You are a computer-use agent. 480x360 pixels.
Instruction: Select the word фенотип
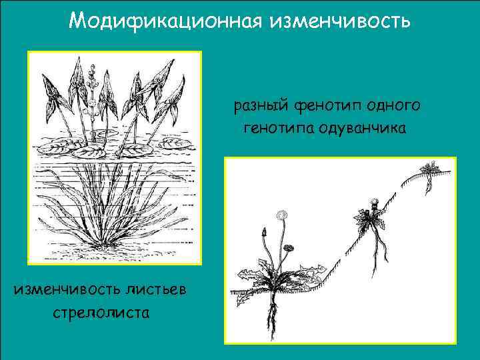324,105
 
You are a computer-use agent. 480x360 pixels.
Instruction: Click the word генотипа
279,127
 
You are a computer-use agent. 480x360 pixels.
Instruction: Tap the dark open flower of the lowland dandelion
289,249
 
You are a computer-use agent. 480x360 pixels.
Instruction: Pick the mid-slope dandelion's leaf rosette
365,219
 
